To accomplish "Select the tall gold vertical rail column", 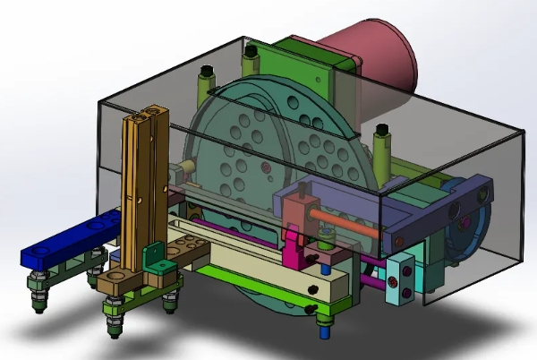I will pyautogui.click(x=144, y=188).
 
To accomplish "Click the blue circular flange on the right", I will pyautogui.click(x=465, y=224).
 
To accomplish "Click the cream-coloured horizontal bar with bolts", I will pyautogui.click(x=268, y=269).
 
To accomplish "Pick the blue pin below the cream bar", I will pyautogui.click(x=323, y=328).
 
